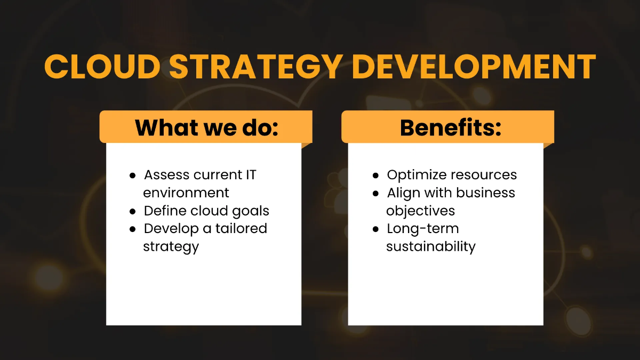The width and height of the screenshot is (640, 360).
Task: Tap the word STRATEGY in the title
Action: coord(252,66)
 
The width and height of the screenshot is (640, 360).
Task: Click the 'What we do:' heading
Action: coord(206,127)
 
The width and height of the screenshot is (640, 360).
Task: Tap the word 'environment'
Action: coord(186,193)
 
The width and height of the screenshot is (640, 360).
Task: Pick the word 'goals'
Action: coord(249,211)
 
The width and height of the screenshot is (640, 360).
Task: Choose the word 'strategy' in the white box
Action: coord(171,247)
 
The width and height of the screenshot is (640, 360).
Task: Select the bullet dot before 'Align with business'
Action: coord(376,194)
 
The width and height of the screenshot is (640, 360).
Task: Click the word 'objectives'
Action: coord(421,211)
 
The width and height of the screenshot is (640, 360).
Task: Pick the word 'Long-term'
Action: coord(422,228)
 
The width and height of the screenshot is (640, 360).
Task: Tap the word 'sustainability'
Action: coord(430,246)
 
